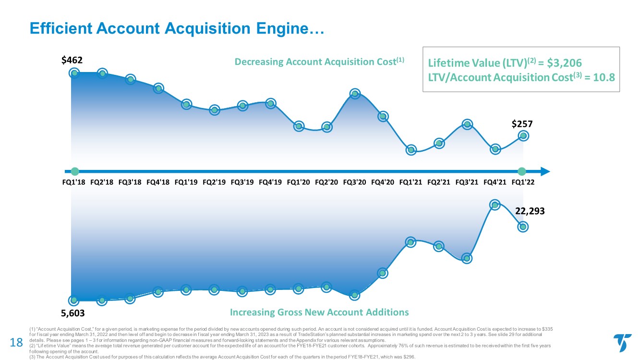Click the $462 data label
pyautogui.click(x=72, y=60)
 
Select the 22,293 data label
pyautogui.click(x=531, y=210)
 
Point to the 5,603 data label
pyautogui.click(x=73, y=313)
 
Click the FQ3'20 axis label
pyautogui.click(x=355, y=182)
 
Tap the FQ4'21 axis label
pyautogui.click(x=495, y=182)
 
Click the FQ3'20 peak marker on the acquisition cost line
pyautogui.click(x=355, y=94)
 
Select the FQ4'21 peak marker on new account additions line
pyautogui.click(x=495, y=205)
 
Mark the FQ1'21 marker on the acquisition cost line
pyautogui.click(x=411, y=150)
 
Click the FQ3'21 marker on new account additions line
pyautogui.click(x=467, y=258)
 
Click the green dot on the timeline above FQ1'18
pyautogui.click(x=74, y=171)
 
